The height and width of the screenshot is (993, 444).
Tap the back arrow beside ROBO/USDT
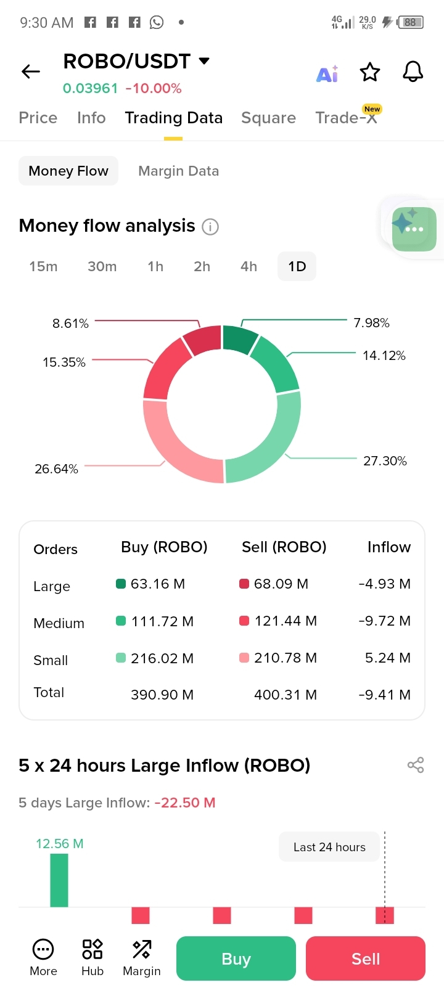click(31, 72)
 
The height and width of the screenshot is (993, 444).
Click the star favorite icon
click(370, 72)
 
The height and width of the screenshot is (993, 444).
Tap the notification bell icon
click(413, 72)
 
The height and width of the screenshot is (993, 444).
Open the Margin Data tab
click(178, 171)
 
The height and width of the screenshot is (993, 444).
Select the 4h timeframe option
click(249, 267)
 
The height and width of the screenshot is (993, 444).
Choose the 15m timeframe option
click(43, 267)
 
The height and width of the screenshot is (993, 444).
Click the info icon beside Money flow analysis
click(210, 227)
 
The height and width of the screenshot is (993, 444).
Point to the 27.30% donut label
click(385, 461)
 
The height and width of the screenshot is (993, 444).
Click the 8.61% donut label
click(70, 324)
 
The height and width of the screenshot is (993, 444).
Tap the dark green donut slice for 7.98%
click(239, 339)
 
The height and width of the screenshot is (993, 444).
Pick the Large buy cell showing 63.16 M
click(157, 584)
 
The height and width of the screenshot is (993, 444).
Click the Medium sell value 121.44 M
click(285, 621)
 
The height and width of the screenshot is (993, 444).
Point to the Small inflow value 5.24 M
click(387, 658)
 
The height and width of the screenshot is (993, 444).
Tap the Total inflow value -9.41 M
click(384, 695)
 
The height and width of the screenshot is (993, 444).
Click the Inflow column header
click(388, 547)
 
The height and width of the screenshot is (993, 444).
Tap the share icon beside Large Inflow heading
click(416, 766)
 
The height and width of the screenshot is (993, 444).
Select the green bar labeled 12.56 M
click(59, 880)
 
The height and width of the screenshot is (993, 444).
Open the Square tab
click(268, 118)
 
